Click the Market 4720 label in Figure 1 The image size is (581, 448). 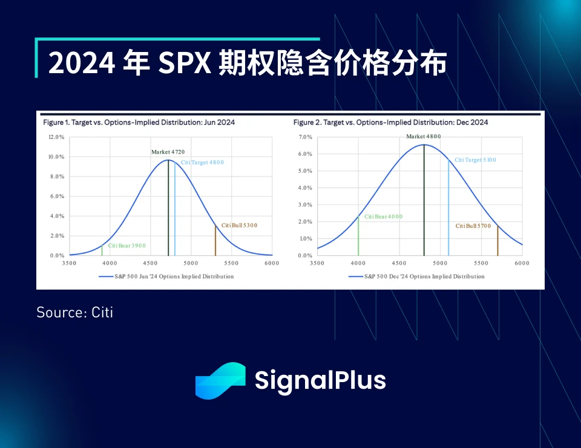[x=169, y=152]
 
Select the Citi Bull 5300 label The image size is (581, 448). [x=239, y=226]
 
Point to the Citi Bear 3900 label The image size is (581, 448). [x=127, y=246]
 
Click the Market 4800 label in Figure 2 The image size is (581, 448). [x=423, y=137]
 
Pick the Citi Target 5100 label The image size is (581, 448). [x=475, y=160]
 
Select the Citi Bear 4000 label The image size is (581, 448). [x=382, y=217]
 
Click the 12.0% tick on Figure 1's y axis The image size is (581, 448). [x=56, y=137]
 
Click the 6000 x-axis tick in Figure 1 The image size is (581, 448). [x=272, y=264]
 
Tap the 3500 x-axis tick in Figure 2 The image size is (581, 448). [x=317, y=264]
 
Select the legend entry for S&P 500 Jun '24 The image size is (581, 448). [x=166, y=276]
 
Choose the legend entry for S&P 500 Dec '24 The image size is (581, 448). [x=416, y=276]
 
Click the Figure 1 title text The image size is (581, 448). [x=139, y=122]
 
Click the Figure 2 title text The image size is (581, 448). [x=390, y=122]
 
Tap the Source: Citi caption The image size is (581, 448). [x=74, y=313]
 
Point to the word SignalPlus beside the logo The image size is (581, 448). [x=320, y=381]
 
